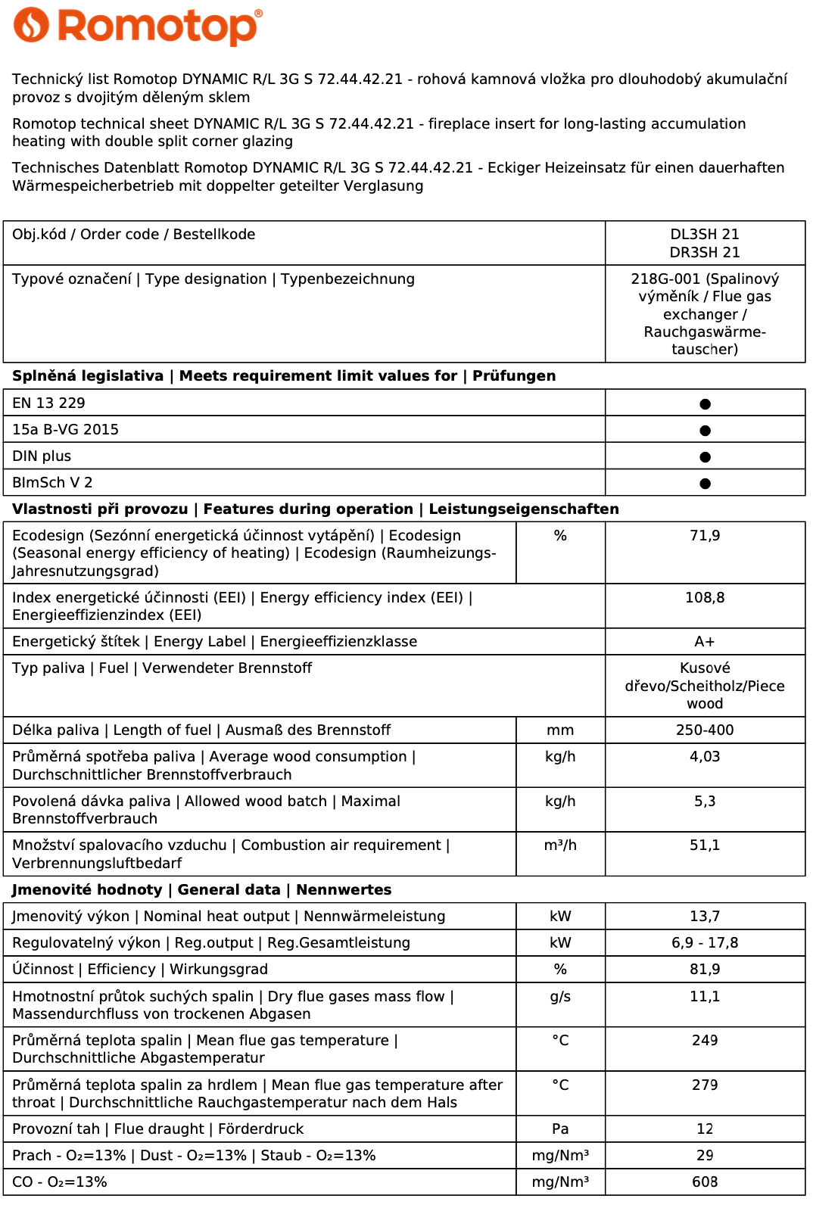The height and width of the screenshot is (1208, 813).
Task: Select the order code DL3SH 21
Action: pos(705,235)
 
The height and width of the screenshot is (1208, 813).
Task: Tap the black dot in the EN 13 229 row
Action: pos(705,404)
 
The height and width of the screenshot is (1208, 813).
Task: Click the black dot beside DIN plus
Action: pos(705,457)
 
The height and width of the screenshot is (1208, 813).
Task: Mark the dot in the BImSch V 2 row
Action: pos(705,484)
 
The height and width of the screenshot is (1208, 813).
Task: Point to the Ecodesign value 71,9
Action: pos(705,536)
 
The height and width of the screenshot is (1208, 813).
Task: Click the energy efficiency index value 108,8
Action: pos(705,598)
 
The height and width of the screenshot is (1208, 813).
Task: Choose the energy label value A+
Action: pos(705,642)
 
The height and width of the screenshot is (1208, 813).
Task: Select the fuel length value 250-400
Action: pos(705,730)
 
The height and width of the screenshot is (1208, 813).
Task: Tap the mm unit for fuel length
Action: pos(560,730)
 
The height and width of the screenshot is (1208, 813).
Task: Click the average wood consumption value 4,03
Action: pos(705,757)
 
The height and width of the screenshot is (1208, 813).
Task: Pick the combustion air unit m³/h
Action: pos(560,845)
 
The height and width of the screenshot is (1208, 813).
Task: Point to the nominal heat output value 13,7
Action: pos(705,917)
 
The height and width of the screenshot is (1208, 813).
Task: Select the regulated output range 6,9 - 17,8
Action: pos(705,943)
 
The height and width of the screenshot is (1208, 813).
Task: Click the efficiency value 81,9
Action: pos(705,970)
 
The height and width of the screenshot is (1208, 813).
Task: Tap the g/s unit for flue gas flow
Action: pos(560,997)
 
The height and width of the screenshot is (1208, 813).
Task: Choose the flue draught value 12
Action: pos(705,1129)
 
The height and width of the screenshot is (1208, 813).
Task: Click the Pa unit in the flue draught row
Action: pos(560,1129)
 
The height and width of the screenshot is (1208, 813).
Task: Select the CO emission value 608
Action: pos(705,1182)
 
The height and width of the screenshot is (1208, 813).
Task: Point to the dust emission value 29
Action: pos(705,1156)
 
